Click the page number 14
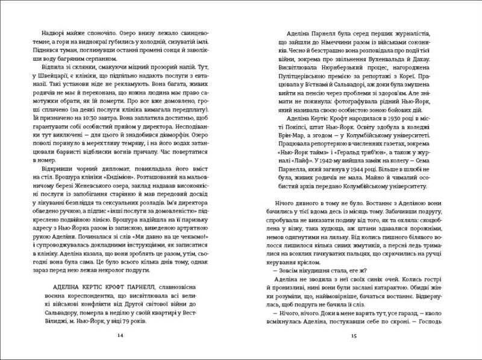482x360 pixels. point(122,335)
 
